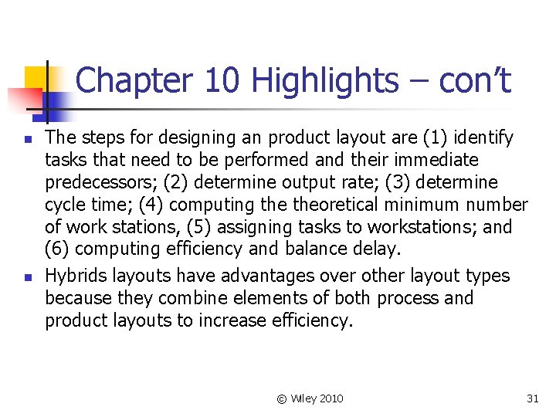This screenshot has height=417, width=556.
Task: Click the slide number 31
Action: click(x=532, y=398)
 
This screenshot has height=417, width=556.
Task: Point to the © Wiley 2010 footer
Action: click(x=310, y=398)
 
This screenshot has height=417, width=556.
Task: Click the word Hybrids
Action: click(x=76, y=276)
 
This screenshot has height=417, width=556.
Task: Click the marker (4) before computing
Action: click(x=151, y=205)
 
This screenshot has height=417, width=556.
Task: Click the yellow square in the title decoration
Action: click(x=35, y=78)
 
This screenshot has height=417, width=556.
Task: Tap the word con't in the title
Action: click(x=474, y=80)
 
